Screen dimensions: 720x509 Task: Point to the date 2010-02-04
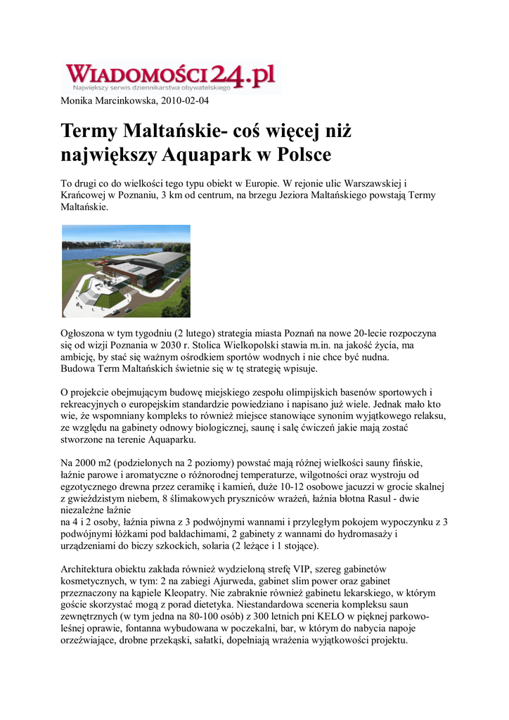(x=185, y=101)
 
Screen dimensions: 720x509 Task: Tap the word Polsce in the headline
(x=303, y=153)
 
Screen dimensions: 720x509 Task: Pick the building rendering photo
(x=126, y=271)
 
